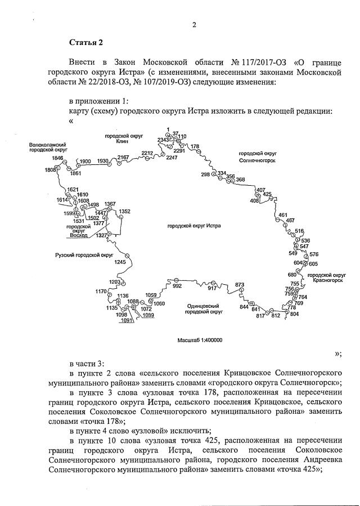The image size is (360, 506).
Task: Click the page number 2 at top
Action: pos(194,24)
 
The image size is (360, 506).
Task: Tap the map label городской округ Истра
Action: pos(194,226)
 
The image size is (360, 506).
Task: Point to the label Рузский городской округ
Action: pos(80,255)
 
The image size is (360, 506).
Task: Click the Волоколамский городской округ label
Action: pos(48,148)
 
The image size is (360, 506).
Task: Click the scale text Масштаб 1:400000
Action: pos(200,341)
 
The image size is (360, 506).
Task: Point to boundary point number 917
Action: pos(212,288)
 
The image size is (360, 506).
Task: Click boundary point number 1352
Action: pos(124,211)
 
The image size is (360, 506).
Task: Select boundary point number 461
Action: pos(283,215)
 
